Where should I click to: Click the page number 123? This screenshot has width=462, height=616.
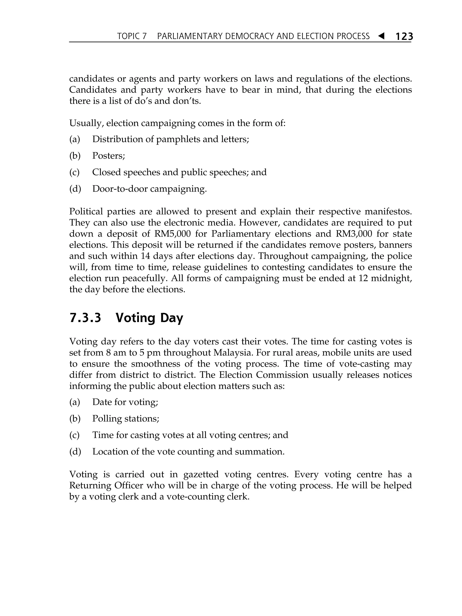(x=404, y=36)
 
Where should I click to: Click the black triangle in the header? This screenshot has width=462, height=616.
(x=381, y=36)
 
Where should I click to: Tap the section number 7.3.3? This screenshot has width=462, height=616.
(x=85, y=318)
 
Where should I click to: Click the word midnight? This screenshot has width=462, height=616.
(x=390, y=278)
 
